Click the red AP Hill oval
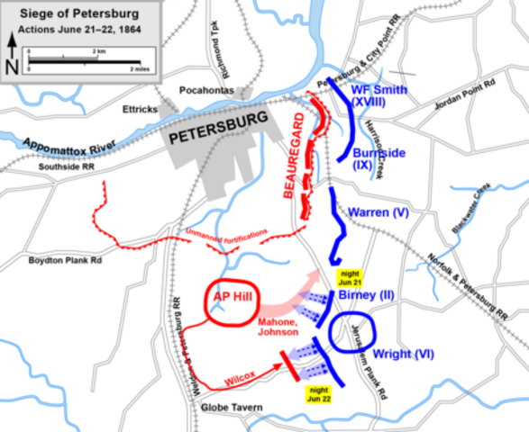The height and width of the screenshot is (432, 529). pyautogui.click(x=233, y=301)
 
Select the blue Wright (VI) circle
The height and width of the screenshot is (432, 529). pyautogui.click(x=351, y=335)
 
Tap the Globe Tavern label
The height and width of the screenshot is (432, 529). pyautogui.click(x=226, y=409)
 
